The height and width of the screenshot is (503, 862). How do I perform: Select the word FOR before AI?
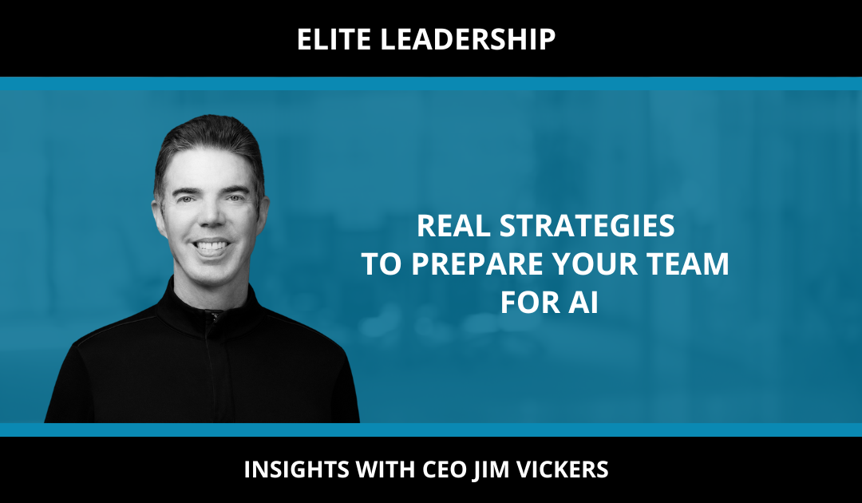tap(529, 303)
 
